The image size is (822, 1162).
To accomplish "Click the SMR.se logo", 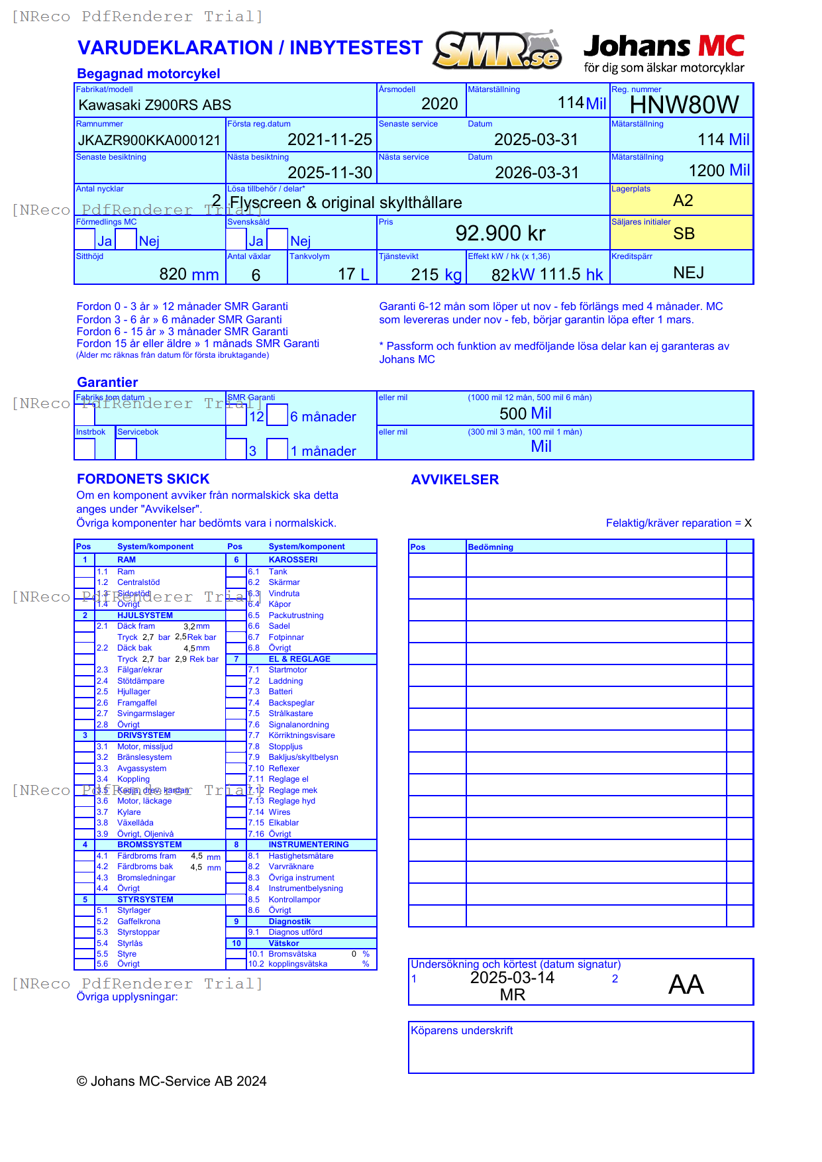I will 497,50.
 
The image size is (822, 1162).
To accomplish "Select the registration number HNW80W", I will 684,105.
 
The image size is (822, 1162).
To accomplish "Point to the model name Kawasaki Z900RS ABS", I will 155,105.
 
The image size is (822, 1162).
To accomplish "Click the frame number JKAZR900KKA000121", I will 149,140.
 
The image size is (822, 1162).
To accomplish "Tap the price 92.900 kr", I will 500,233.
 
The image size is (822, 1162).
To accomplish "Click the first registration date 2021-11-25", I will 329,140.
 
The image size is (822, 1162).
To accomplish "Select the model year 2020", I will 439,104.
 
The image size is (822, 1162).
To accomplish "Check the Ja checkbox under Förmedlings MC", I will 85,239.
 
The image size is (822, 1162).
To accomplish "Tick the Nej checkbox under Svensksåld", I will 278,239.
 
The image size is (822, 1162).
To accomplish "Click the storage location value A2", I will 682,201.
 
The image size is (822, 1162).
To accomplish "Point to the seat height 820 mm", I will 189,274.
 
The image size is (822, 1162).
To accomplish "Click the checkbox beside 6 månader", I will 278,415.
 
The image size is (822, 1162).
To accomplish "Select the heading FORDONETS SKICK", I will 143,479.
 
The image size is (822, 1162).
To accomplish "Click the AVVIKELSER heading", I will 454,480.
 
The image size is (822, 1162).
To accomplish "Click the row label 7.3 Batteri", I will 280,692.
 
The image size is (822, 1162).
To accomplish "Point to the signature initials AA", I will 686,984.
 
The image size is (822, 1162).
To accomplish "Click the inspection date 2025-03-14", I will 512,978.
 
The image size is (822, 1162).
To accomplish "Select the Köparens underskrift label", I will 462,1031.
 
